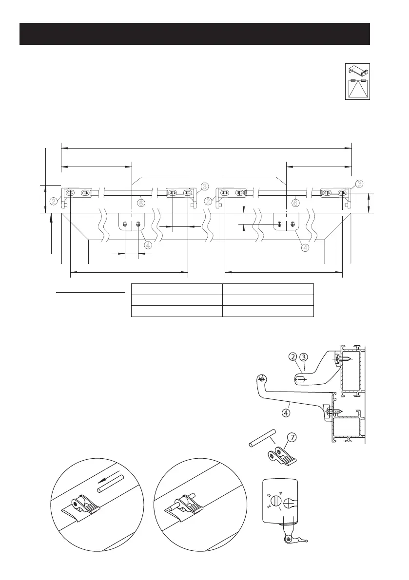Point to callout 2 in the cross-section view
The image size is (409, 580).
(x=293, y=357)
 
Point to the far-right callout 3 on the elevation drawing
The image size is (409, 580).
(x=359, y=184)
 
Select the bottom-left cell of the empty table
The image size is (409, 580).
(x=176, y=312)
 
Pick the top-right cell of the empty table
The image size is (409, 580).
(x=268, y=289)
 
